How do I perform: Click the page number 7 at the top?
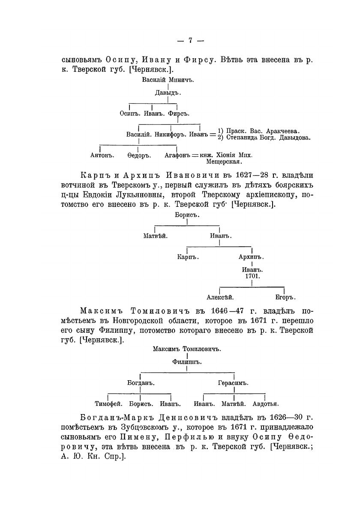[190, 41]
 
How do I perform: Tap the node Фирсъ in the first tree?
[179, 113]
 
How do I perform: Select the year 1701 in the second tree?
[251, 277]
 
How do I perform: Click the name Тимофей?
[109, 403]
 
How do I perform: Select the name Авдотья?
[266, 403]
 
